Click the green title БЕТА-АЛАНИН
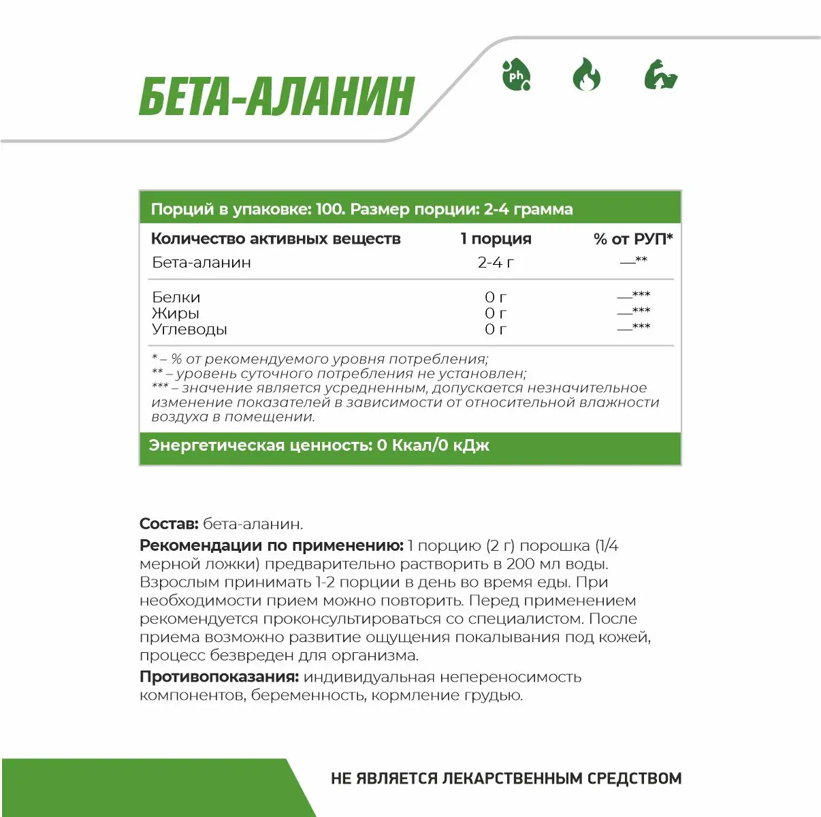pos(276,97)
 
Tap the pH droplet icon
pos(516,75)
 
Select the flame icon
pos(586,75)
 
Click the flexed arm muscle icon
pos(661,75)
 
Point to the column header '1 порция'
pos(496,239)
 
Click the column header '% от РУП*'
pos(633,239)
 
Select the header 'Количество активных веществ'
pos(276,239)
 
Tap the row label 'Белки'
pos(176,298)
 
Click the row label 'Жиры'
pos(176,313)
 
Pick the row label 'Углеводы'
pos(189,330)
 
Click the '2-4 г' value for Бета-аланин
pos(496,263)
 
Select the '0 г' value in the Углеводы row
pos(496,330)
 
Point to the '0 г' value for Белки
pos(496,298)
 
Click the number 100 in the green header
pos(329,209)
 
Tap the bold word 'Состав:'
pos(169,524)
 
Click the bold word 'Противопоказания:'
pos(219,677)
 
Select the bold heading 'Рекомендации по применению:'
pos(272,546)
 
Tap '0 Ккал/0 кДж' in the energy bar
pos(433,446)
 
